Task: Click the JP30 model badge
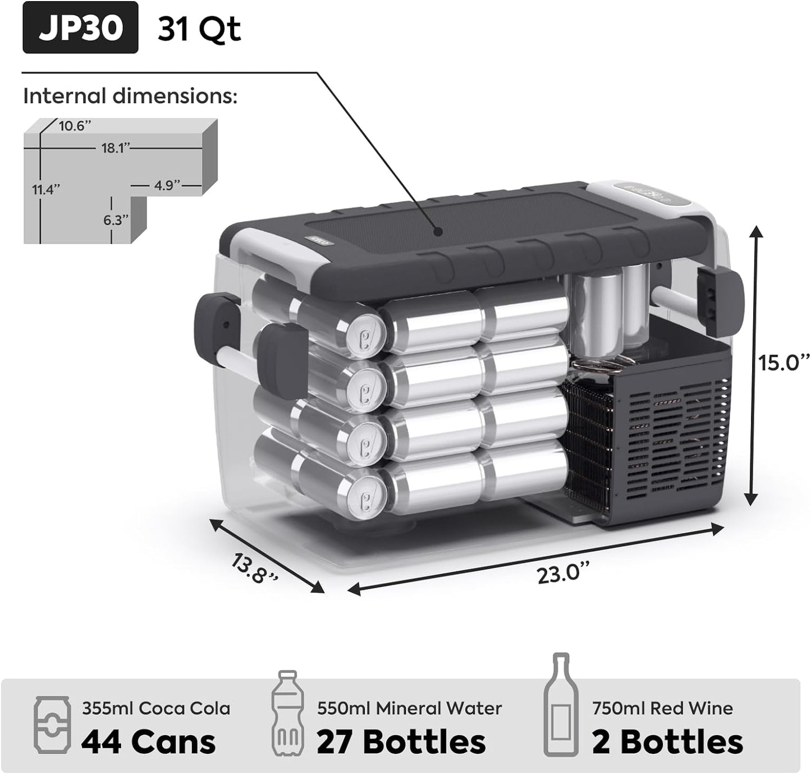[80, 28]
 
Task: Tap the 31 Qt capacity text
[199, 29]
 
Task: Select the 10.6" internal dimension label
[75, 126]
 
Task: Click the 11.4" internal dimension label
[46, 189]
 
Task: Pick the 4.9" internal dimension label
[167, 185]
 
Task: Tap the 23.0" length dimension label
[563, 573]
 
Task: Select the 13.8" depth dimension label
[254, 569]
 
